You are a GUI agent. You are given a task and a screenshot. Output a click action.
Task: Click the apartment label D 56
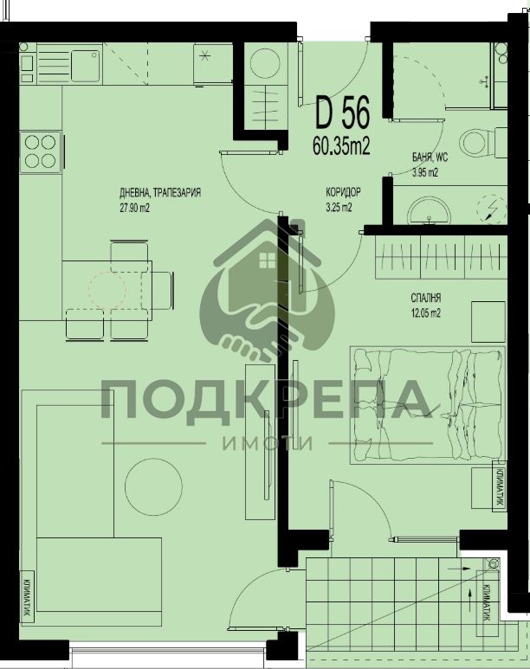[342, 113]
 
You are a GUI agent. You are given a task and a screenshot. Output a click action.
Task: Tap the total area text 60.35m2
[341, 146]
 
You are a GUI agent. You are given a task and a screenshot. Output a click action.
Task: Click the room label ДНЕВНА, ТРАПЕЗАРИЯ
[160, 193]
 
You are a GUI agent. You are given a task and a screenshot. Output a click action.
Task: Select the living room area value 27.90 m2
[134, 209]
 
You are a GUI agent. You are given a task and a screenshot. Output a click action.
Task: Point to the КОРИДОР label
[343, 192]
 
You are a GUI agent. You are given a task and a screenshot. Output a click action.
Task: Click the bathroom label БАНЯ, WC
[430, 158]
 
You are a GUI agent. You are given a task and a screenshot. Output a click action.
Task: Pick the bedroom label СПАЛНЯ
[426, 298]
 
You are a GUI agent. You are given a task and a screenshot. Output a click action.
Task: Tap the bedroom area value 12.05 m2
[426, 313]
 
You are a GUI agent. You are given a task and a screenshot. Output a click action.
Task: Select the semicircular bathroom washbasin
[429, 211]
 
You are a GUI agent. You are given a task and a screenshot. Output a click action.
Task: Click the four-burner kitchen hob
[41, 151]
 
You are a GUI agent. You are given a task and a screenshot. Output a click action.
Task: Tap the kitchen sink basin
[86, 66]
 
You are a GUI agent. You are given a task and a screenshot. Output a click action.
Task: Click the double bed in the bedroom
[428, 405]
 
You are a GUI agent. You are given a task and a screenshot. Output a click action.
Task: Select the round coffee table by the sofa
[154, 486]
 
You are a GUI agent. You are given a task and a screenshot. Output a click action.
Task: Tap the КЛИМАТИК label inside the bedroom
[499, 486]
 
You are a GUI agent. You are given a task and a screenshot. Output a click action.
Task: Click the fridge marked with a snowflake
[213, 64]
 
